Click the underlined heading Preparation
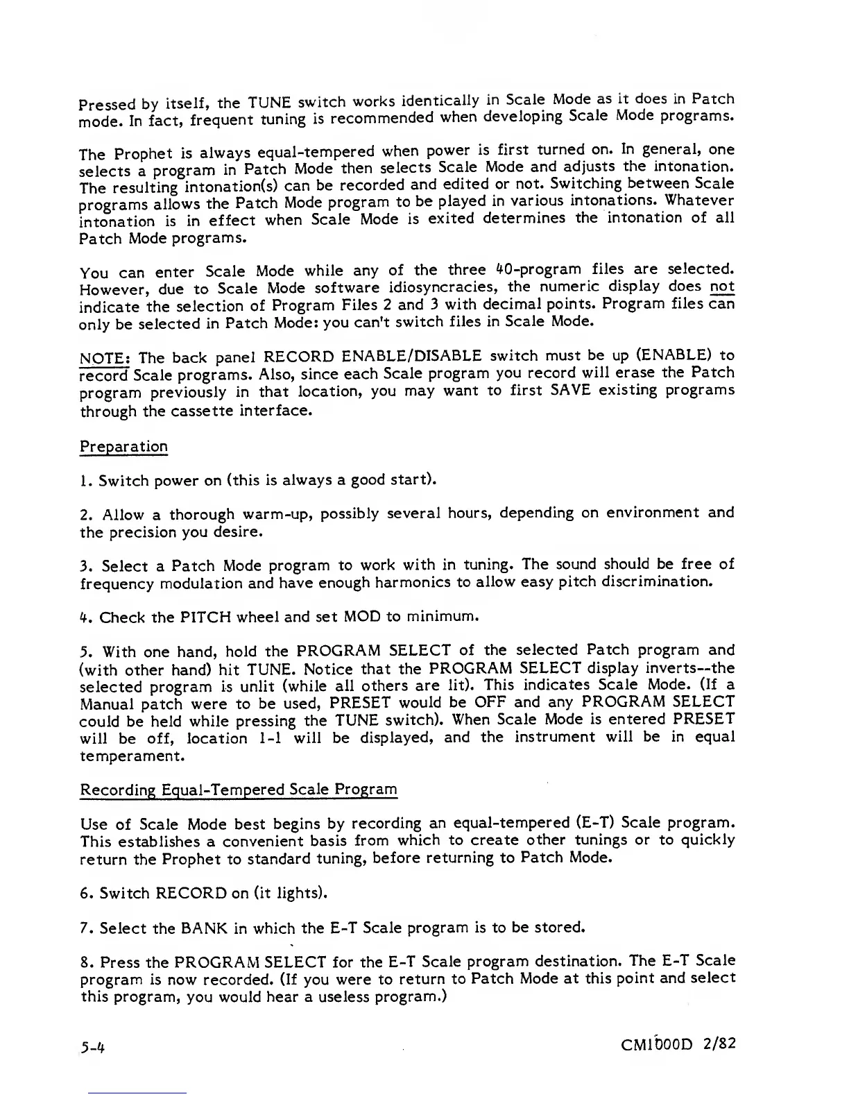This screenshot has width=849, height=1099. click(124, 446)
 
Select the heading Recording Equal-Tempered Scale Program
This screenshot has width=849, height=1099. click(239, 790)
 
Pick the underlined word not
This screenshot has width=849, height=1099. click(722, 287)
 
